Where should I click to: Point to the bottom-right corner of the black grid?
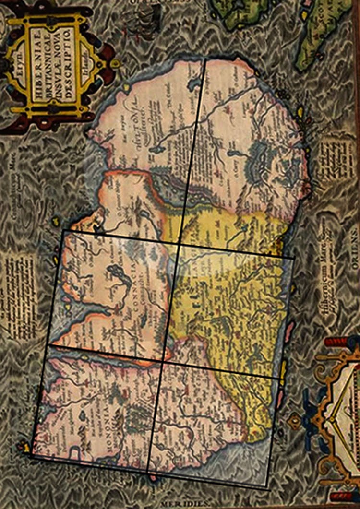point(266,487)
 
